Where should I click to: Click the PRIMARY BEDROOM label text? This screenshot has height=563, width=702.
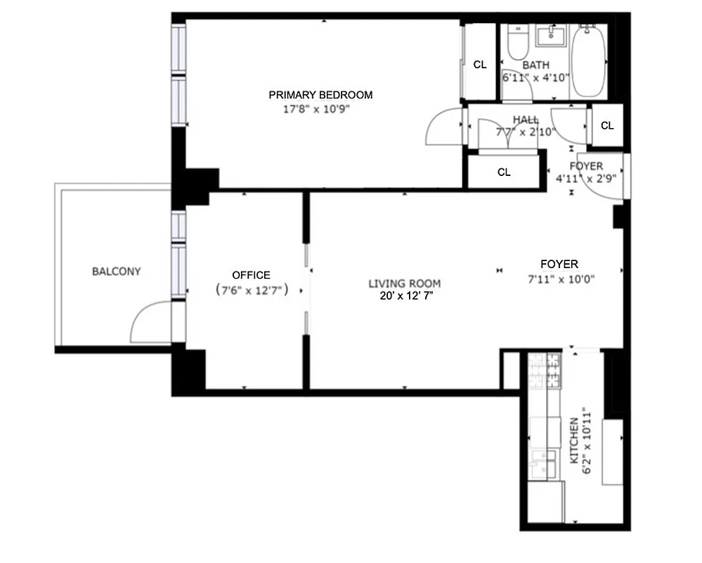[320, 95]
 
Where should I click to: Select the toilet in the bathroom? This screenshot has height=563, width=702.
[516, 44]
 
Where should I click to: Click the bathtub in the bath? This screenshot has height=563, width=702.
[588, 62]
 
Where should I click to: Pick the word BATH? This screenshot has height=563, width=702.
[535, 65]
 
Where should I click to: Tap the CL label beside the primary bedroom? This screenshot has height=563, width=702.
[480, 65]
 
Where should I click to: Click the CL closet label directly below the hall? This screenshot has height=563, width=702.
[504, 172]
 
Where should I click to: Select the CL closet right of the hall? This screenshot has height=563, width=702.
[607, 126]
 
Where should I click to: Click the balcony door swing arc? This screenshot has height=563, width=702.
[148, 322]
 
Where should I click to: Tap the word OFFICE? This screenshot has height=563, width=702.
[251, 275]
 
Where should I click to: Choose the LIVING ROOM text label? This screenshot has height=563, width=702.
[405, 284]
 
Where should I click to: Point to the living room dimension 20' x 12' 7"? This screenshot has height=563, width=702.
[405, 296]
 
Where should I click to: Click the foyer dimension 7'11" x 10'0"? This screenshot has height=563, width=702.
[561, 278]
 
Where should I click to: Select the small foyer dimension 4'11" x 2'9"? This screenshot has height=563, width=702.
[586, 179]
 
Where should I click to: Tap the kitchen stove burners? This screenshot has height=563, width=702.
[546, 369]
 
